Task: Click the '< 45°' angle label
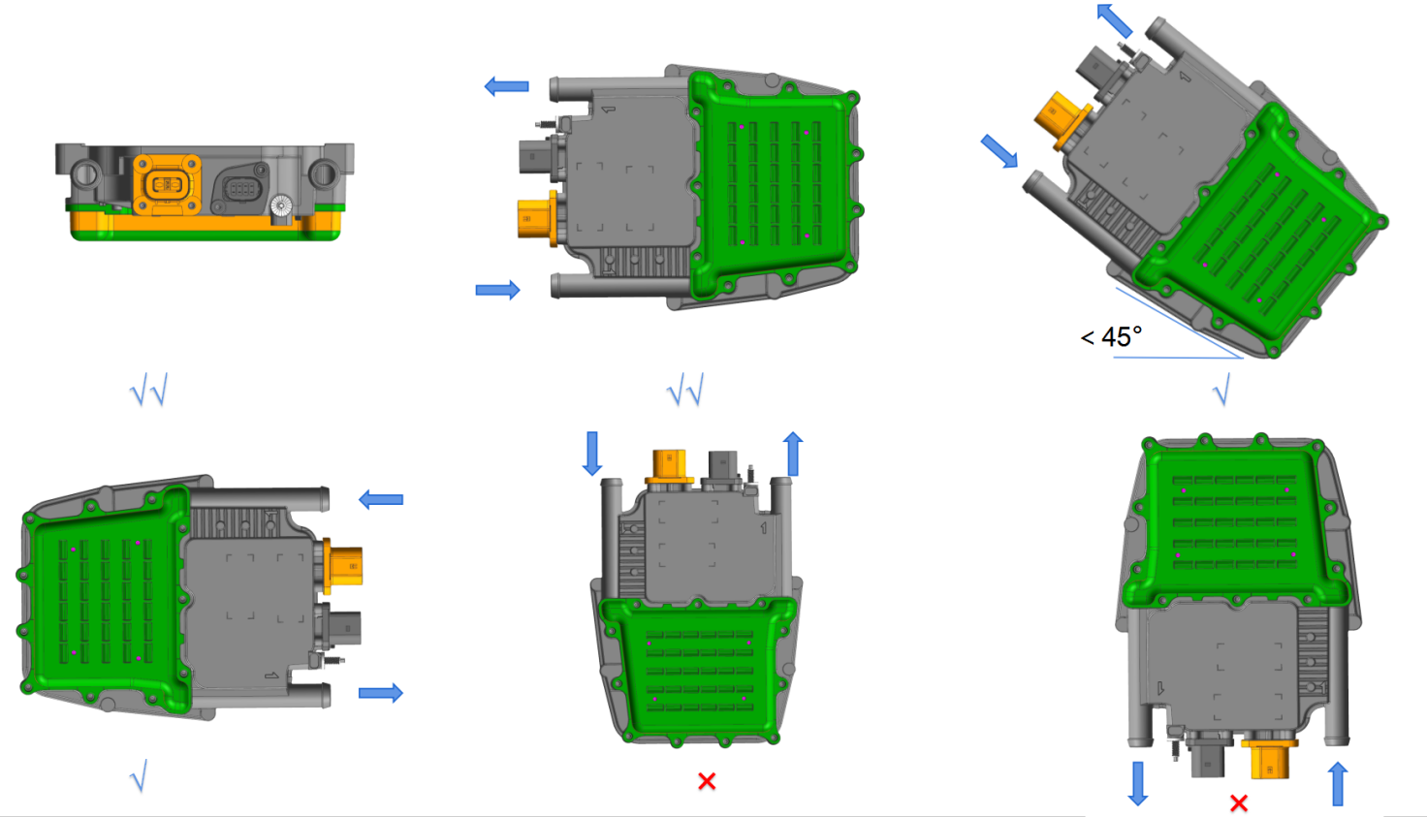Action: tap(1111, 337)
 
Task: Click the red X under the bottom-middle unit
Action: tap(707, 781)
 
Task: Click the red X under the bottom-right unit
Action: tap(1238, 803)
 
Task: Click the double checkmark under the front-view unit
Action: tap(149, 390)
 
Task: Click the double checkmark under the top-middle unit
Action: tap(685, 390)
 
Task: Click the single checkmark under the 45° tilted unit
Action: tap(1221, 391)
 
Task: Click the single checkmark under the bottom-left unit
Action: tap(139, 775)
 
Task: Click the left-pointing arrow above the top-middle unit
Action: tap(506, 87)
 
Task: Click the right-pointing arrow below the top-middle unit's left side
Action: tap(497, 290)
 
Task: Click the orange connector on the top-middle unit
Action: tap(536, 219)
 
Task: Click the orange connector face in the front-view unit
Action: tap(167, 184)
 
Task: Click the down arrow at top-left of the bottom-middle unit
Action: tap(592, 453)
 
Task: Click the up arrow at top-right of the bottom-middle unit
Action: tap(793, 454)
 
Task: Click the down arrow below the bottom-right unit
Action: tap(1138, 783)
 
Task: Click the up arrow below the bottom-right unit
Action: tap(1338, 783)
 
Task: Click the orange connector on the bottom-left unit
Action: tap(344, 566)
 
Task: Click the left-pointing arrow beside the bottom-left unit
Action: tap(381, 499)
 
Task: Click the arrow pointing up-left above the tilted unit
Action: tap(1114, 20)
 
